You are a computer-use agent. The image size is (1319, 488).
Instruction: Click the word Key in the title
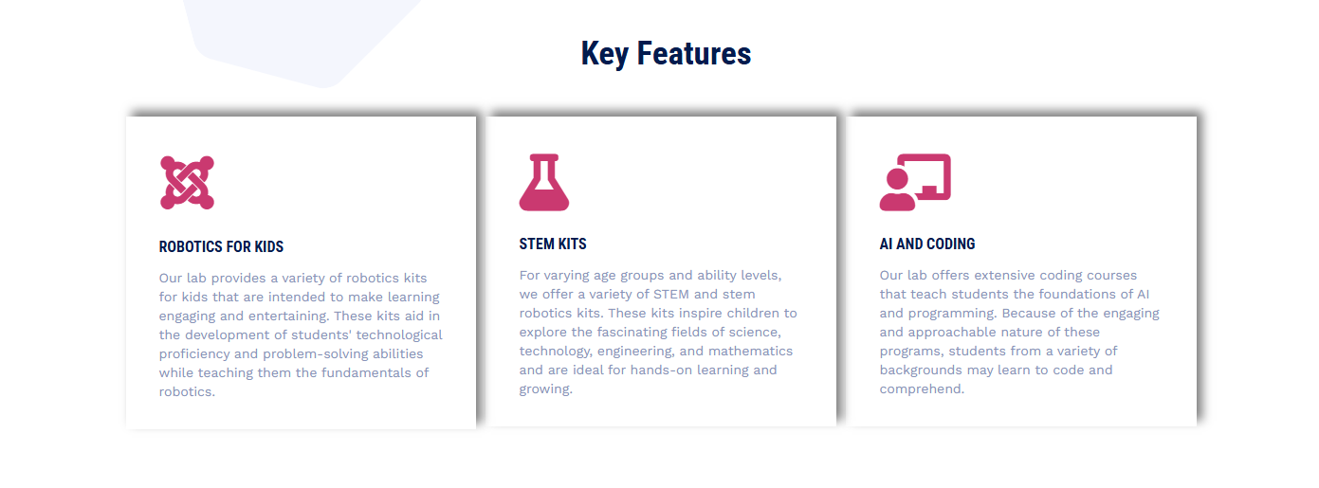point(605,55)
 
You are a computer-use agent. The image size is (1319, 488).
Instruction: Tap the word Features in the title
point(694,54)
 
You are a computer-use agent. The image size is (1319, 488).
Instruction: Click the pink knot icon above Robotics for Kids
point(187,183)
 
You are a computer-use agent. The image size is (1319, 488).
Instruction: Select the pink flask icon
point(544,182)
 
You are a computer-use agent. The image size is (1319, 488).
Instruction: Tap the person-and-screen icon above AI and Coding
point(915,182)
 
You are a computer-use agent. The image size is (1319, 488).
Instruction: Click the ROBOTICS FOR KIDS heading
point(221,246)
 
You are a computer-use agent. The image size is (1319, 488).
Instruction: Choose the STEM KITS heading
point(553,244)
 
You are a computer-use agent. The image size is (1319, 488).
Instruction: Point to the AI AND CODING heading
point(927,244)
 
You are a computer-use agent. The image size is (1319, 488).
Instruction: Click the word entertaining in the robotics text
point(288,316)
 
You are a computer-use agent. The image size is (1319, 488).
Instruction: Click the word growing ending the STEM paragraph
point(546,389)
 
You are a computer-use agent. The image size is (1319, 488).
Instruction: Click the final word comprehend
point(922,389)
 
